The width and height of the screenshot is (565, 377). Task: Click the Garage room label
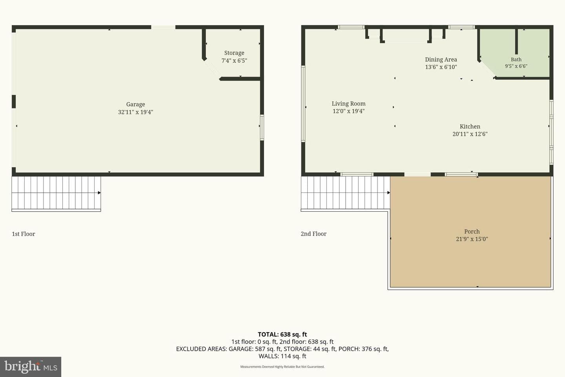[135, 104]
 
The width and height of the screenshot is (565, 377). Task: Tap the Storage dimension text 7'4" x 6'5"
[234, 60]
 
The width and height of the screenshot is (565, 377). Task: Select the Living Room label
[348, 104]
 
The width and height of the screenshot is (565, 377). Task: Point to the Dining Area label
[441, 60]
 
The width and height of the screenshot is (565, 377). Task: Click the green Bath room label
[516, 59]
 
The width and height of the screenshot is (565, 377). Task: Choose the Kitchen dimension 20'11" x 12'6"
[470, 134]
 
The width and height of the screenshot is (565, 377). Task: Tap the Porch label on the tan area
[472, 232]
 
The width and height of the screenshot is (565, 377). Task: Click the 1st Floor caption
[24, 234]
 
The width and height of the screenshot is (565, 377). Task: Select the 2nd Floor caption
[313, 234]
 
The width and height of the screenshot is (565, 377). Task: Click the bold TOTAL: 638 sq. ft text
[282, 334]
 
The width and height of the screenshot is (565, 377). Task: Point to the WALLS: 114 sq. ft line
[282, 356]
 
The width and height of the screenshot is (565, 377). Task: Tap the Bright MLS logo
[31, 367]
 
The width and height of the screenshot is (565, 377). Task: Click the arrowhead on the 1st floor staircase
[99, 193]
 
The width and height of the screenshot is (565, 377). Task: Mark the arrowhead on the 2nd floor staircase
[389, 193]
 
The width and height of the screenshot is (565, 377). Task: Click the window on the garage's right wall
[262, 128]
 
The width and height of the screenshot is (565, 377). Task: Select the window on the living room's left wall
[303, 104]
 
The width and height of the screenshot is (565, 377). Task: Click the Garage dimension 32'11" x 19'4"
[135, 112]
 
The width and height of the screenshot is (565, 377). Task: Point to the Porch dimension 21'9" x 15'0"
[472, 239]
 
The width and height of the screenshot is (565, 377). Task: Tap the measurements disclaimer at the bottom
[282, 367]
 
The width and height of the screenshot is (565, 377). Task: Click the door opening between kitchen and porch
[417, 174]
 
